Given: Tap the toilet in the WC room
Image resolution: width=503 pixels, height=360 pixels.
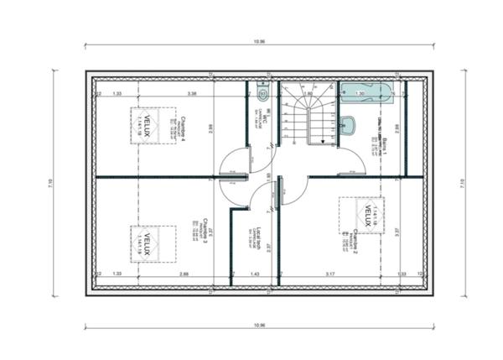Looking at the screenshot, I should point(262,91).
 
